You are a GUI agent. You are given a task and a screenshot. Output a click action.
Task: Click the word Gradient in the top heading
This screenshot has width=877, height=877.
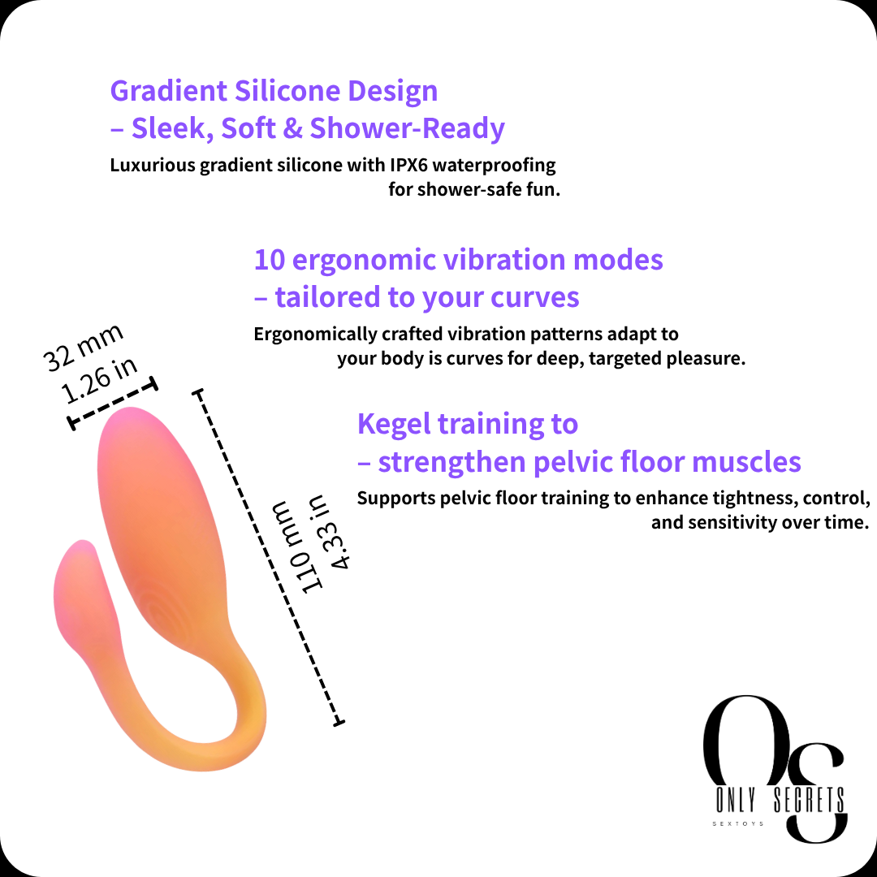[169, 91]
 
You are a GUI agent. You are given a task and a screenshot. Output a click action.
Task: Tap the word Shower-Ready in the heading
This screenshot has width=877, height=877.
[408, 128]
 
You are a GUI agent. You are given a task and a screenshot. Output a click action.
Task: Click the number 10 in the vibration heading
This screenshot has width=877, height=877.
[269, 260]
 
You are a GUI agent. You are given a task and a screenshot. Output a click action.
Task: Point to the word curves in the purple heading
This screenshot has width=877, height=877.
[534, 297]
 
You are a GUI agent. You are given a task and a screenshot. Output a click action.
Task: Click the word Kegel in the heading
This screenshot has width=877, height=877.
[395, 425]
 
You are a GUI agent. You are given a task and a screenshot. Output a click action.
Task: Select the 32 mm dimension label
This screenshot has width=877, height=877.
[83, 348]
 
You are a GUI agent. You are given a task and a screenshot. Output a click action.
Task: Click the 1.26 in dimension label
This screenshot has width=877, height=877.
[99, 380]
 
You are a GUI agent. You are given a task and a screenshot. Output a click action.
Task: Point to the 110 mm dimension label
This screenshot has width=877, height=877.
[297, 547]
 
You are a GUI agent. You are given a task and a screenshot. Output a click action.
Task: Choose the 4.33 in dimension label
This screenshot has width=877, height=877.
[330, 531]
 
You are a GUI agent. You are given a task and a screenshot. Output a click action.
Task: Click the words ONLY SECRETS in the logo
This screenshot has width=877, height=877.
[780, 801]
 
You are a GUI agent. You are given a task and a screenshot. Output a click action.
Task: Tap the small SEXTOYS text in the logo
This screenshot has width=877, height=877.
[737, 824]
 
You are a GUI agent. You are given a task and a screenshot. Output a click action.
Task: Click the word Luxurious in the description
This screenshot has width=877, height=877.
[152, 166]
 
